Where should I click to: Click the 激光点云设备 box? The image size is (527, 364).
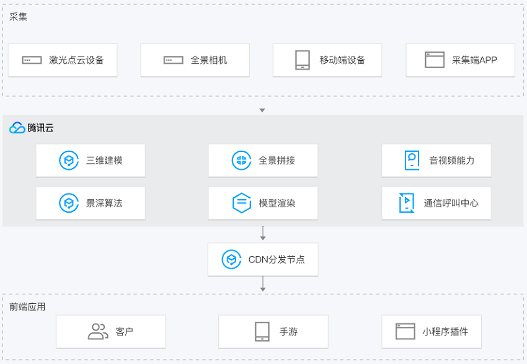(x=63, y=60)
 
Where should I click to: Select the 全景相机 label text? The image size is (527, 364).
(x=209, y=60)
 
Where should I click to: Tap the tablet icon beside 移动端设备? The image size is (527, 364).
(x=303, y=60)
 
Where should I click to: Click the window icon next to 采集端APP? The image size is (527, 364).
(x=435, y=60)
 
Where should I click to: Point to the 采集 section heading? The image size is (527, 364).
(x=18, y=17)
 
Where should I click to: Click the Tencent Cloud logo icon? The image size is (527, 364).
(x=17, y=128)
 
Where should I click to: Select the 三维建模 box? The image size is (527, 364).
(x=91, y=161)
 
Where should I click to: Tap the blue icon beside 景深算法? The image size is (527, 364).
(x=69, y=203)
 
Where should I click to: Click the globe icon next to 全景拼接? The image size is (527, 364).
(x=241, y=161)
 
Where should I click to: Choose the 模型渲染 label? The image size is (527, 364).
(x=277, y=203)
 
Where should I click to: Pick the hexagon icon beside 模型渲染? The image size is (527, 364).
(x=242, y=203)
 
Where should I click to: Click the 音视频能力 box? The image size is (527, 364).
(x=436, y=161)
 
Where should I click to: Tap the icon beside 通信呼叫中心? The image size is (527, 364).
(x=406, y=203)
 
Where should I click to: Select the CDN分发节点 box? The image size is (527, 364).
(x=263, y=259)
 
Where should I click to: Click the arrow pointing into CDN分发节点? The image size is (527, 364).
(x=263, y=233)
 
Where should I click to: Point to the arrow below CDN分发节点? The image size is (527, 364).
(x=263, y=283)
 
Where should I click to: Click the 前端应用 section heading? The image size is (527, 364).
(x=27, y=307)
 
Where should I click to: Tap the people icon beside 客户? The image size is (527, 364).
(x=98, y=331)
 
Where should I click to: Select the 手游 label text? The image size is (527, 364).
(x=288, y=332)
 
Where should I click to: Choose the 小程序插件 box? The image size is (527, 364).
(x=432, y=331)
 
